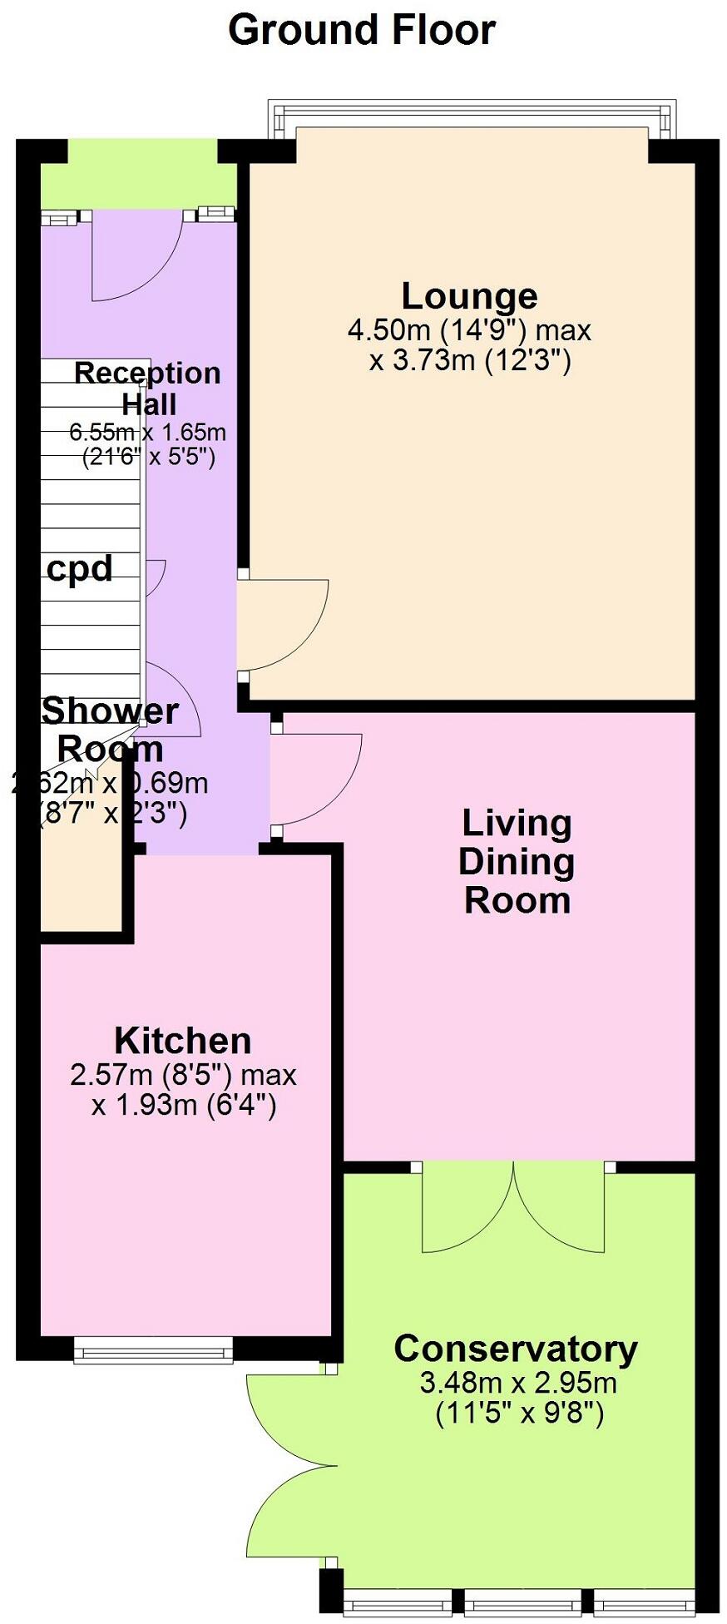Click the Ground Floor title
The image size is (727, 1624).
coord(362,30)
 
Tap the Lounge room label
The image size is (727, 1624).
coord(469,296)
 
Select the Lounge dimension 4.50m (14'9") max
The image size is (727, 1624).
coord(469,330)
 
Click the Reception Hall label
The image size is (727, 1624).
coord(148,389)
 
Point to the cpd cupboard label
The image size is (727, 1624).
coord(79,568)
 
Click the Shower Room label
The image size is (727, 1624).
coord(110,730)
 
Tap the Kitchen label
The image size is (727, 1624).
coord(182,1041)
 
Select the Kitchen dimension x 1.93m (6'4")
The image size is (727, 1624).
coord(184,1105)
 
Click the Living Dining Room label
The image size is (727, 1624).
coord(517,861)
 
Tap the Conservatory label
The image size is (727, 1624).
coord(516,1349)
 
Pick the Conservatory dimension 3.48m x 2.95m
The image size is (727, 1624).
coord(518,1383)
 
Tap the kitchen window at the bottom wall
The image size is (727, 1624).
coord(153,1350)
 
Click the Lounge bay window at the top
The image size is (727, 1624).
coord(471,116)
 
